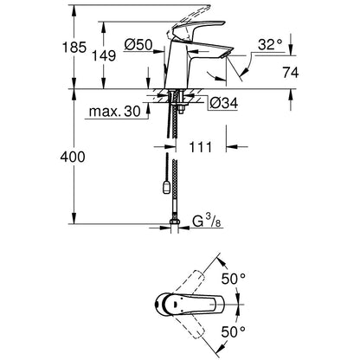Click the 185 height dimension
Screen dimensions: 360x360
pos(74,48)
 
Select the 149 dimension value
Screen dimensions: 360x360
pos(104,55)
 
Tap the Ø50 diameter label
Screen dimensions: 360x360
pos(138,45)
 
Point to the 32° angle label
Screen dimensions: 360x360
pos(270,45)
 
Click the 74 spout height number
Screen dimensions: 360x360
pos(291,73)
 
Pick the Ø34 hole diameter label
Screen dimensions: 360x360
pos(223,103)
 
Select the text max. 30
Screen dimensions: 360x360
pos(115,112)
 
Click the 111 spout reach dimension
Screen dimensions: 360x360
pos(200,147)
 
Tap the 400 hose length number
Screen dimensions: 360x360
pos(73,157)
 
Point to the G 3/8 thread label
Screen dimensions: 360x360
pos(207,222)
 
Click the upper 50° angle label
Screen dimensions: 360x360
pos(234,279)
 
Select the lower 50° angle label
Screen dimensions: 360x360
pos(234,332)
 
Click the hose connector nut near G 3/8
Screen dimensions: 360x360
pos(175,222)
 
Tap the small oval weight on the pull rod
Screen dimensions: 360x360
pos(166,188)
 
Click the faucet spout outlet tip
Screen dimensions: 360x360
pos(224,55)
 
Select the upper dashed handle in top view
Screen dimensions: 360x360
pos(189,283)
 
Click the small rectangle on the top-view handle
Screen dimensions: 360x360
pos(175,304)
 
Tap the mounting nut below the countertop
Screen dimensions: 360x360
pos(182,109)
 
